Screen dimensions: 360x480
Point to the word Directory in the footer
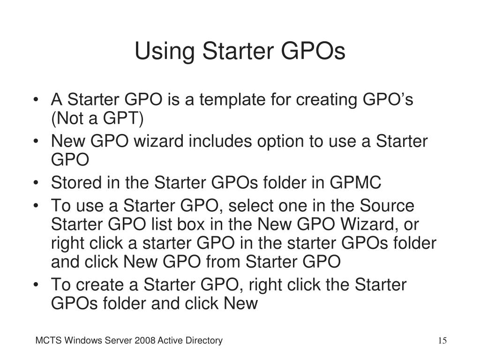click(x=205, y=341)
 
